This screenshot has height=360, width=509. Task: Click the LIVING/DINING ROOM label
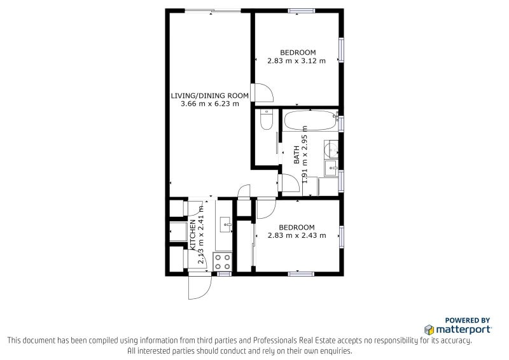(210, 96)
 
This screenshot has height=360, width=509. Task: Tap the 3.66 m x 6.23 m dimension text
(210, 104)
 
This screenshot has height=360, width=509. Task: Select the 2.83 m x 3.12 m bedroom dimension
(296, 60)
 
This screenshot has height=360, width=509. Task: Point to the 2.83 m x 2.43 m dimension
(296, 235)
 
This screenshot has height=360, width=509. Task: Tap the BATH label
(296, 155)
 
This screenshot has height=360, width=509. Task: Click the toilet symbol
(267, 120)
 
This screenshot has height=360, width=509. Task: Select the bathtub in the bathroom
(310, 120)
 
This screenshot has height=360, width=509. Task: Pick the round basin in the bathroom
(331, 149)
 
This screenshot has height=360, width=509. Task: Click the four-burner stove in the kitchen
(222, 262)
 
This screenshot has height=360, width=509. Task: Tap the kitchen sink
(226, 225)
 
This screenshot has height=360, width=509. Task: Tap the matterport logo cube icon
(429, 330)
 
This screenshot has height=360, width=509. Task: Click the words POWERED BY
(468, 321)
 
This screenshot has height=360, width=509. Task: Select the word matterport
(463, 330)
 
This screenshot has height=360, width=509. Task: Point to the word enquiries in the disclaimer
(336, 351)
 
